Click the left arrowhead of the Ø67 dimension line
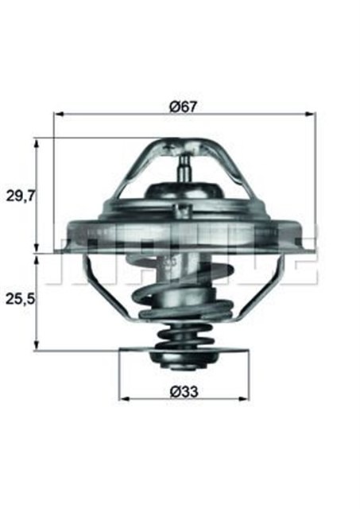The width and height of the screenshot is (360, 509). [57, 114]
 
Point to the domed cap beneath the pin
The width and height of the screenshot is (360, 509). [184, 195]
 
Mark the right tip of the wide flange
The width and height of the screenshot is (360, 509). [305, 237]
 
